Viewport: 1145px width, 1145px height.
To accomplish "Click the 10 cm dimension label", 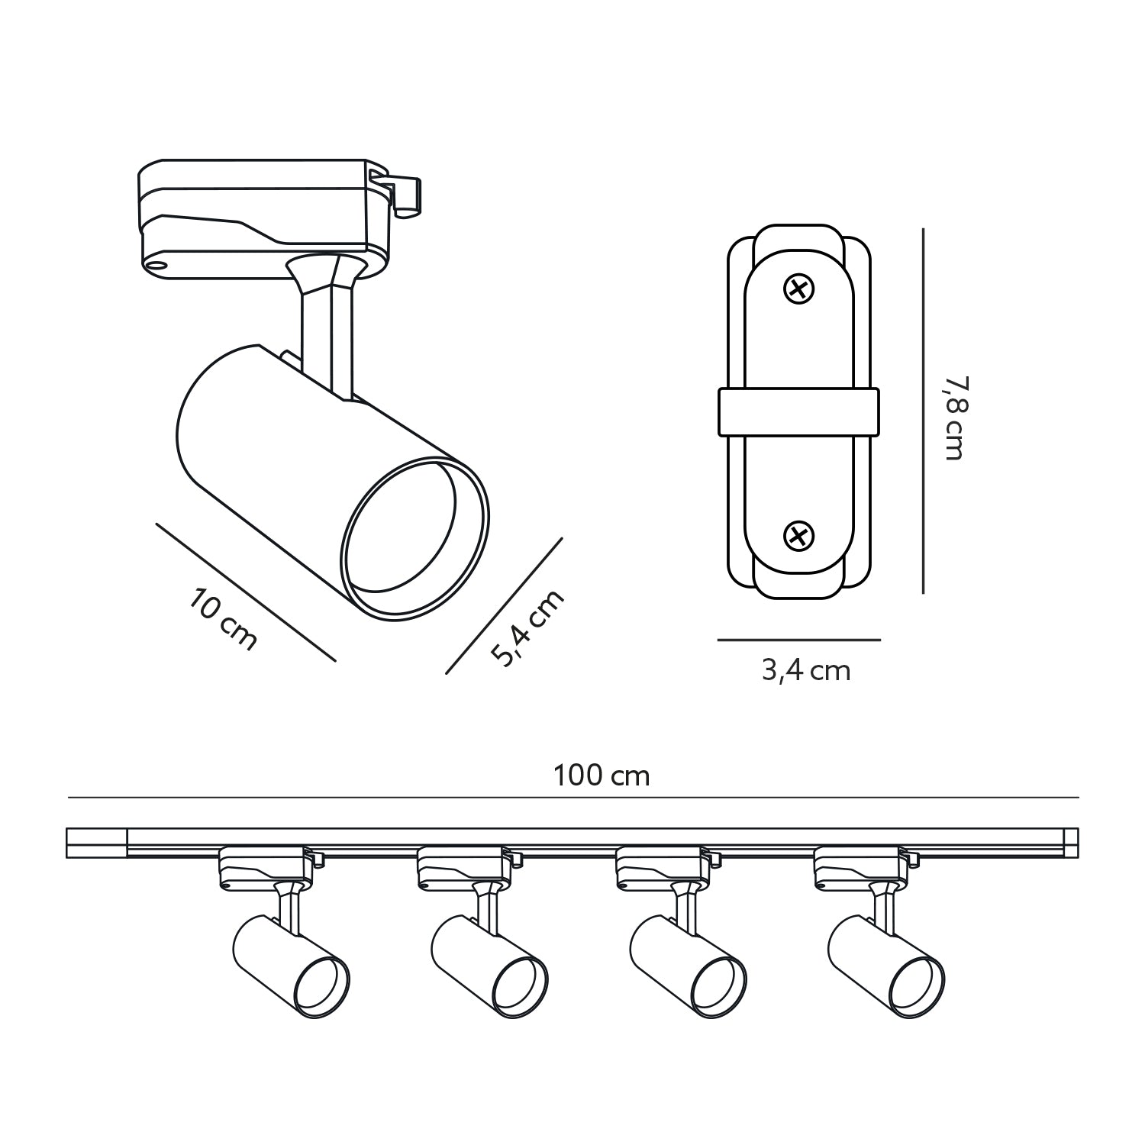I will (223, 619).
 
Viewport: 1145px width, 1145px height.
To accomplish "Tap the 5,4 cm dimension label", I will (527, 627).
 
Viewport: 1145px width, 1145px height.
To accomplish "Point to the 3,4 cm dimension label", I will (805, 671).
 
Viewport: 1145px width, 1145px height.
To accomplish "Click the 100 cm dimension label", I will (602, 776).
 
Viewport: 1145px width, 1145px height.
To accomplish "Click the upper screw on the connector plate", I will (799, 289).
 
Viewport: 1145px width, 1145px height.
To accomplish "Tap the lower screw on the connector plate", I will (799, 535).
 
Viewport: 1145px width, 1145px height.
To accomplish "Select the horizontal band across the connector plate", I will (798, 412).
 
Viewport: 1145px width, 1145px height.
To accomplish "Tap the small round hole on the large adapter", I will (158, 264).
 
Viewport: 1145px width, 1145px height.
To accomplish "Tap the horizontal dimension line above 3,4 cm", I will (798, 640).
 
